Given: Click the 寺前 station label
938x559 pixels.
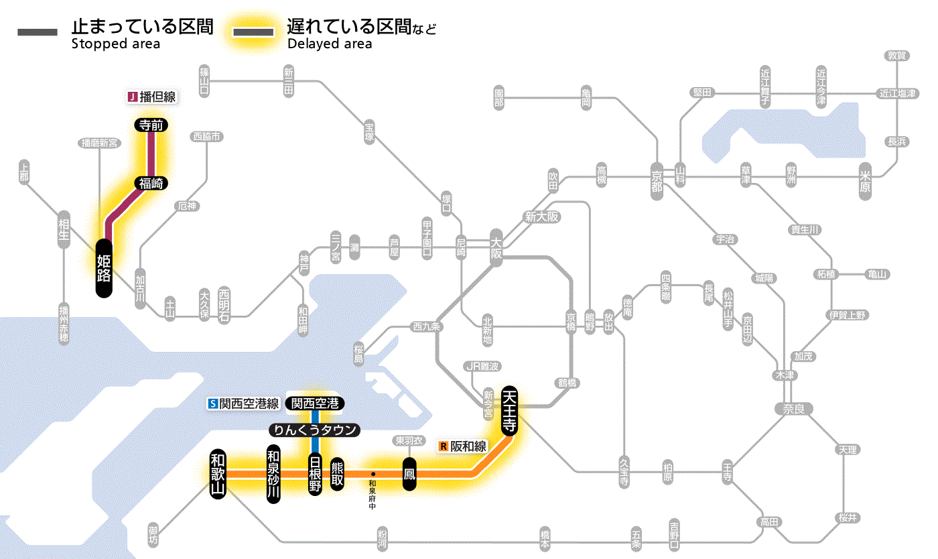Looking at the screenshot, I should coord(151,125).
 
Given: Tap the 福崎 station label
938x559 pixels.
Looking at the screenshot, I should coord(151,183).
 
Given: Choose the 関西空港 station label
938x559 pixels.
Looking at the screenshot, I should coord(314,403).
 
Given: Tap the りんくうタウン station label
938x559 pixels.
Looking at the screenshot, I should coord(314,430).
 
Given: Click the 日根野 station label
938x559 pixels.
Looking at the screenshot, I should coord(315,474).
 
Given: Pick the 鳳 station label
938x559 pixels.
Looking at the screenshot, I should coord(409,474).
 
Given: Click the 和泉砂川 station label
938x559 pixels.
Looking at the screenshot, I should coord(273,474).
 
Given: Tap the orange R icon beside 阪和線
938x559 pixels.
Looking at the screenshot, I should coord(443,446).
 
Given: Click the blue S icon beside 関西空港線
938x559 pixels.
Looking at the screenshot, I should coord(213,403).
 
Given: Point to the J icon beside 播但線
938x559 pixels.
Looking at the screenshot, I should coord(132,97).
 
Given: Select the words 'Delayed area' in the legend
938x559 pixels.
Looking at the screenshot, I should coord(330,44).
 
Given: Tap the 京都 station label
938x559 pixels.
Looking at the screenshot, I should coord(657,178).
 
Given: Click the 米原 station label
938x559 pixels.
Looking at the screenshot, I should coord(866,182).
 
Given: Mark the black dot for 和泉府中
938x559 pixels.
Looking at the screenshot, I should coord(373,475).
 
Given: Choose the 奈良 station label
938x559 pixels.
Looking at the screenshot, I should coord(793,408).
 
